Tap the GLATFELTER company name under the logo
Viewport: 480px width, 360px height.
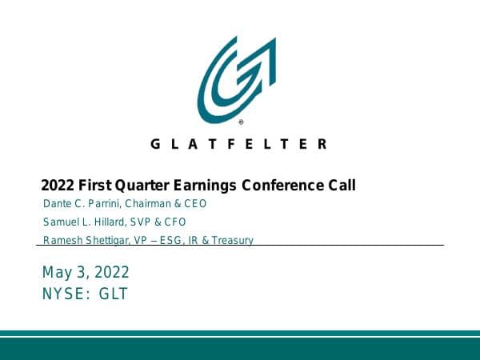pyautogui.click(x=238, y=144)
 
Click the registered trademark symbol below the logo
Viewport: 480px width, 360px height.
pyautogui.click(x=241, y=123)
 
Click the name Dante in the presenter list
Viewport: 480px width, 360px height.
pyautogui.click(x=57, y=204)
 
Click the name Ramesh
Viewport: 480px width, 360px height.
pyautogui.click(x=61, y=240)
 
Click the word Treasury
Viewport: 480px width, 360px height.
pyautogui.click(x=232, y=240)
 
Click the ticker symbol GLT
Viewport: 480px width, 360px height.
pyautogui.click(x=113, y=294)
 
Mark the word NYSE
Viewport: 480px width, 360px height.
pyautogui.click(x=65, y=294)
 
